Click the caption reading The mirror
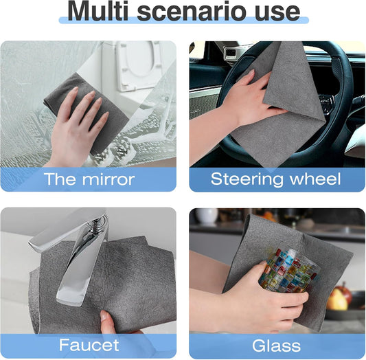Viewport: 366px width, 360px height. [x=89, y=180]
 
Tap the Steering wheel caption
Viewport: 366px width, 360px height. [x=275, y=180]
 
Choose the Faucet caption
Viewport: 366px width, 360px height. [x=89, y=345]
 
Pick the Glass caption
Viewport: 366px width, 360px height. [x=275, y=345]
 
